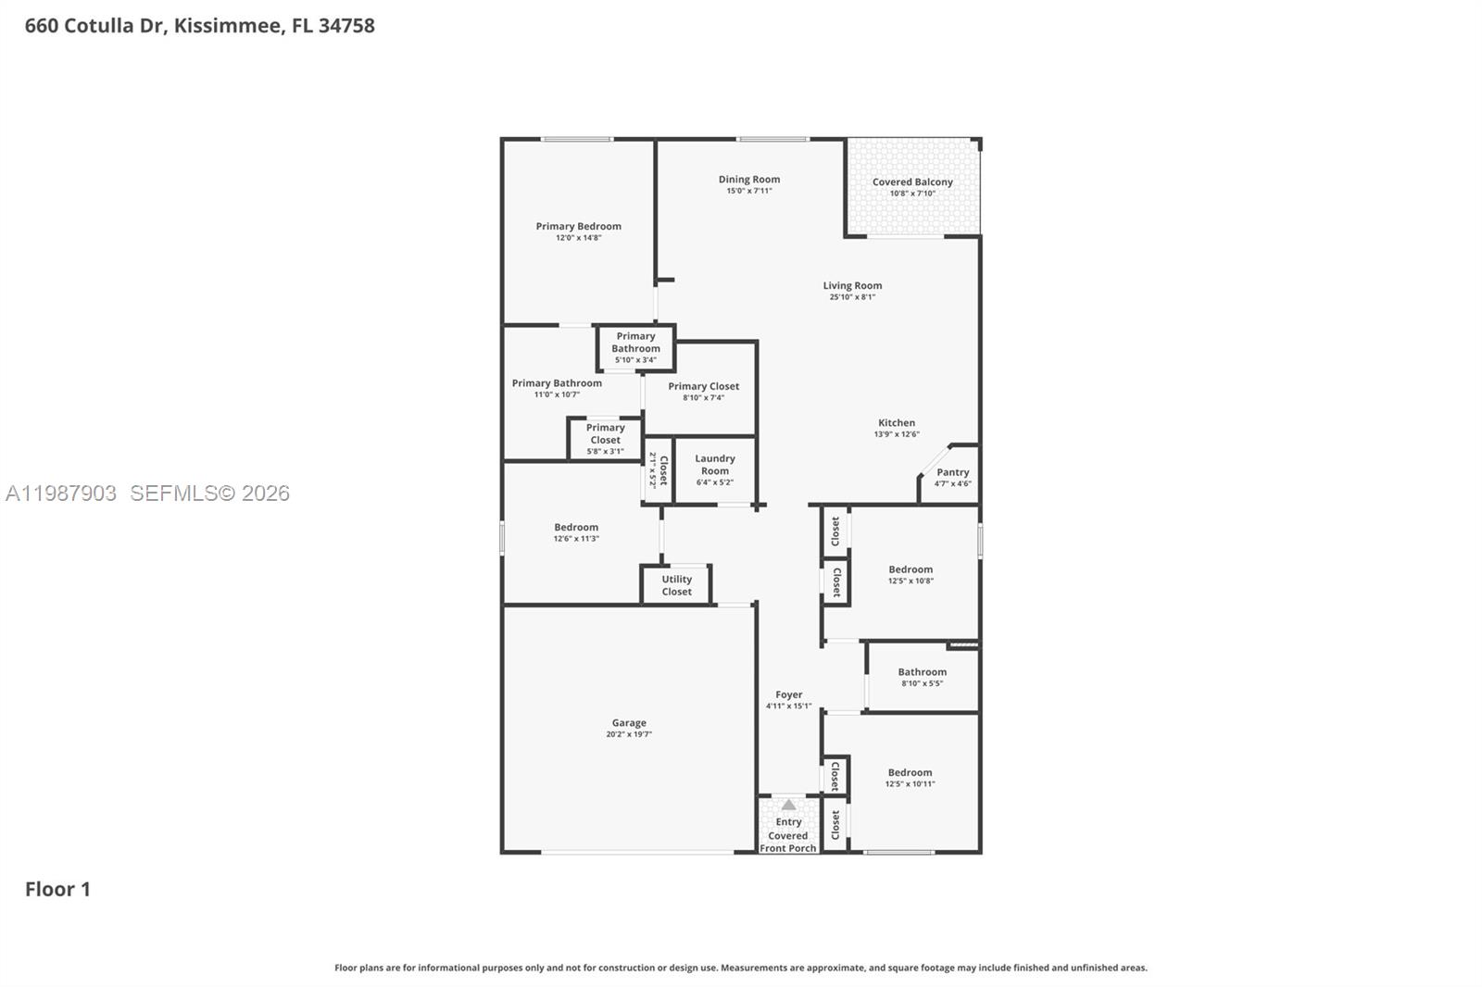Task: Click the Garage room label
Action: coord(629,723)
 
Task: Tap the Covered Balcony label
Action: coord(912,182)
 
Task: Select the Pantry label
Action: coord(952,472)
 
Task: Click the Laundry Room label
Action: coord(715,465)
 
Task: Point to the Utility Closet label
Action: coord(676,585)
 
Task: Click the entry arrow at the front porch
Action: coord(788,805)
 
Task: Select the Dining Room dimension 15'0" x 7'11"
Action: coord(748,192)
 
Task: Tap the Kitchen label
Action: coord(897,423)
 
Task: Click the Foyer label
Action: coord(789,694)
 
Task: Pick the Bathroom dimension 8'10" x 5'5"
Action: coord(922,684)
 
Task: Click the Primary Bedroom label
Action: coord(578,226)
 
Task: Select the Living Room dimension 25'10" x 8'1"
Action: coord(852,297)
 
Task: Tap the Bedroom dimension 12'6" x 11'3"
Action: coord(576,539)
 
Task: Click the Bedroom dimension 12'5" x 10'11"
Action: coord(910,784)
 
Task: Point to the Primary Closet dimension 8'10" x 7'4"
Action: coord(703,398)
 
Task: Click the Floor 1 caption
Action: coord(57,890)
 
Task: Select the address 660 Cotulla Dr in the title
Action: coord(94,26)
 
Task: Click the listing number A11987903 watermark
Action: coord(61,493)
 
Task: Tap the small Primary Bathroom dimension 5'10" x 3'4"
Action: coord(635,360)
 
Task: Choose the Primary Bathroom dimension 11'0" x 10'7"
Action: coord(557,394)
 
